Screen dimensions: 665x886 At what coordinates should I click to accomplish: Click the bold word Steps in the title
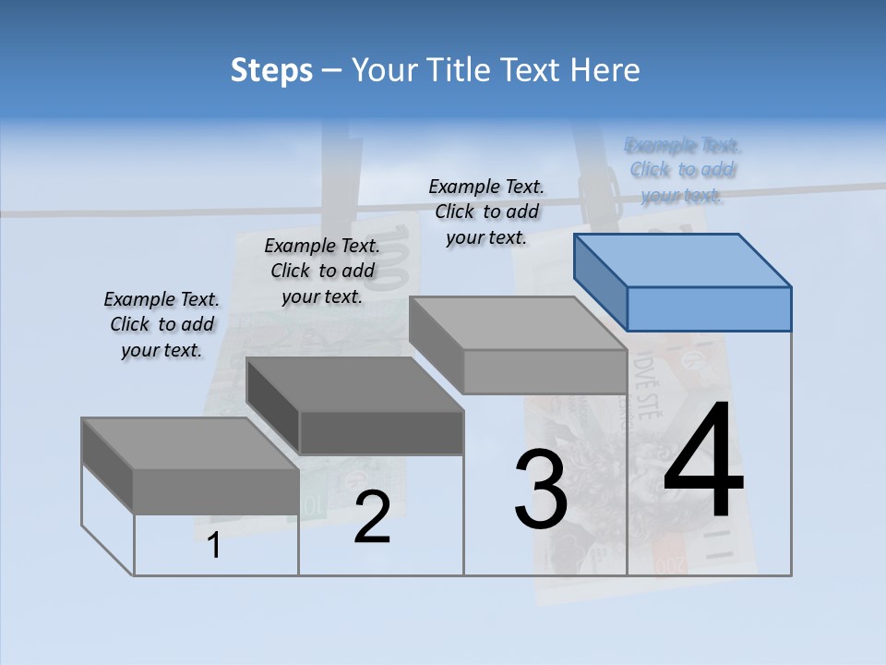point(271,70)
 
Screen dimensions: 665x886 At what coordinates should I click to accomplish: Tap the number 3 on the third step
point(541,490)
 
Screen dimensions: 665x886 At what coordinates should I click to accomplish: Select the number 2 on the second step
point(372,517)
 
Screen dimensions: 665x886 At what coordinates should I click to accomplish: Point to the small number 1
point(214,546)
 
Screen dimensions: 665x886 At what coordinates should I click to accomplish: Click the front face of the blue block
point(709,308)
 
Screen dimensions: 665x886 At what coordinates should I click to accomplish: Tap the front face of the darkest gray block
point(381,432)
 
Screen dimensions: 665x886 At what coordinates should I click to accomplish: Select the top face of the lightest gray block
point(517,323)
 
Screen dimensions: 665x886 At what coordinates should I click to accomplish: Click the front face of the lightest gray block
point(545,372)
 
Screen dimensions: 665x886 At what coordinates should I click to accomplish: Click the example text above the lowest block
point(162,324)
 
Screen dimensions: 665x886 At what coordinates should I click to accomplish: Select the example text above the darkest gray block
point(322,271)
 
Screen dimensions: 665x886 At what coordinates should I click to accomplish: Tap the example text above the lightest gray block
point(486,212)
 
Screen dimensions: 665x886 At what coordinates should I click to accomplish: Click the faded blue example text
point(682,170)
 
